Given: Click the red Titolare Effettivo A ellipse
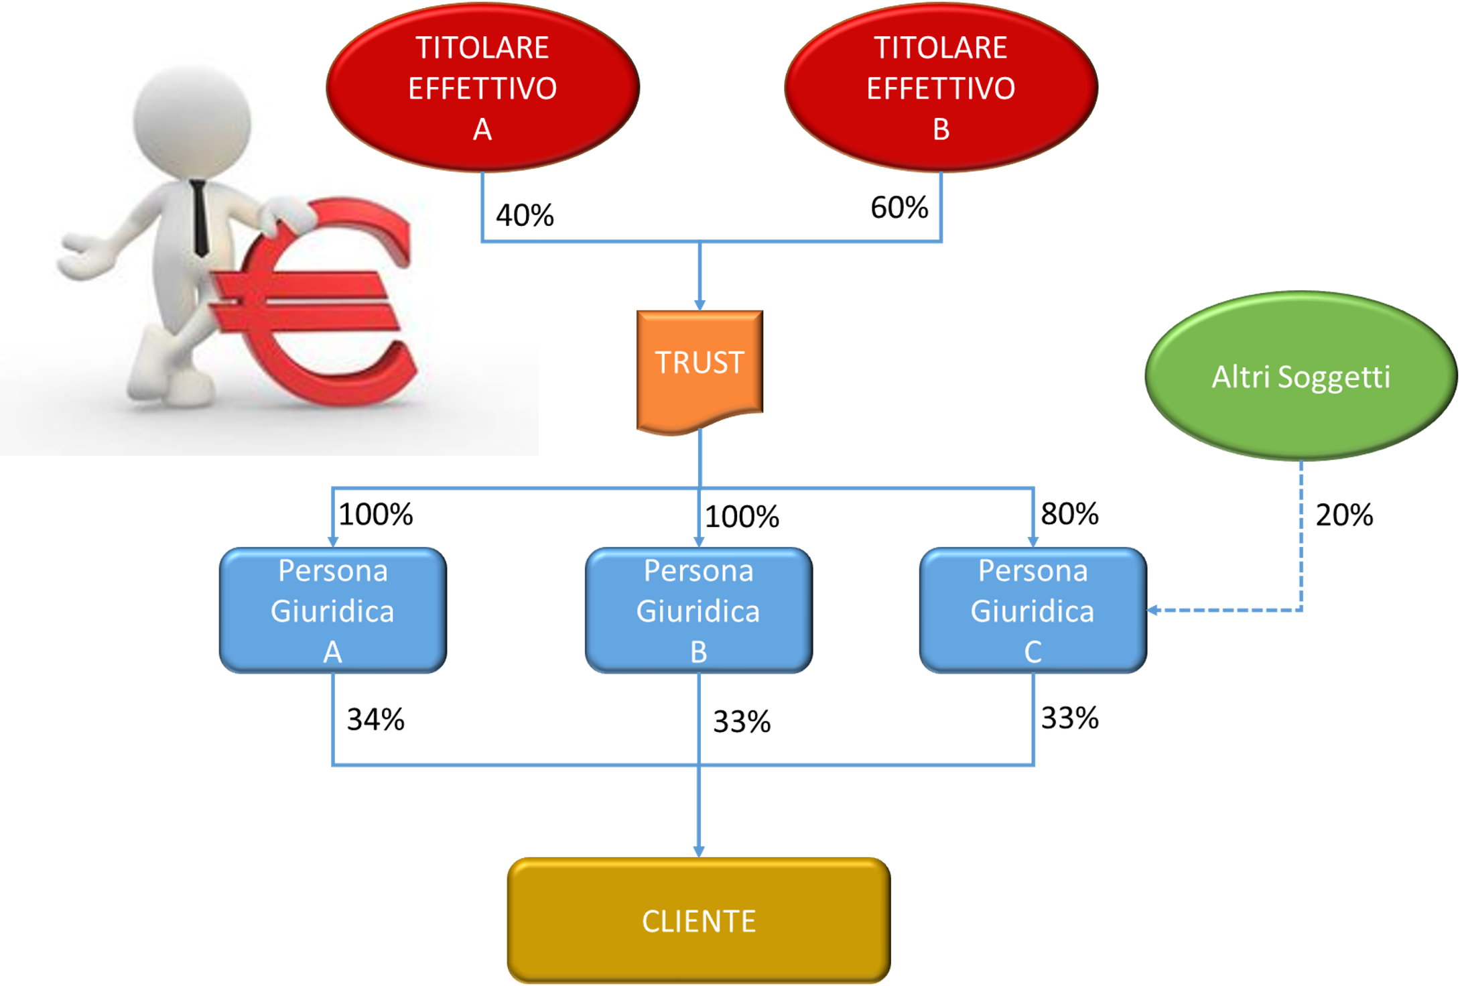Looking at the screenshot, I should pyautogui.click(x=482, y=87).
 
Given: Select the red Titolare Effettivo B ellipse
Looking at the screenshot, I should pyautogui.click(x=941, y=87).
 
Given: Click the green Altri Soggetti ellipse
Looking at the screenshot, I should pyautogui.click(x=1301, y=375).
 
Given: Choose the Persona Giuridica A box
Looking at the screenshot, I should pyautogui.click(x=332, y=610).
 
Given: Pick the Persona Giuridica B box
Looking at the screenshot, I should pyautogui.click(x=698, y=610).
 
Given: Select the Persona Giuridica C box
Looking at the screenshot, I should pyautogui.click(x=1033, y=610).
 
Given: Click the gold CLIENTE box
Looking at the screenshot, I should pyautogui.click(x=698, y=920).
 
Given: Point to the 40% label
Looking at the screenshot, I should pyautogui.click(x=517, y=215).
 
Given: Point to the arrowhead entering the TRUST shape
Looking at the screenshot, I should pyautogui.click(x=700, y=305).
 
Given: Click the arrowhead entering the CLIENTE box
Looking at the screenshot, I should pyautogui.click(x=699, y=851).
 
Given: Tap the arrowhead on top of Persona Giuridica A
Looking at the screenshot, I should pyautogui.click(x=332, y=541).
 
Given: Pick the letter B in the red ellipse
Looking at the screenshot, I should pyautogui.click(x=941, y=129).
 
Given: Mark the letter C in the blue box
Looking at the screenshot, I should pyautogui.click(x=1033, y=652).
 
